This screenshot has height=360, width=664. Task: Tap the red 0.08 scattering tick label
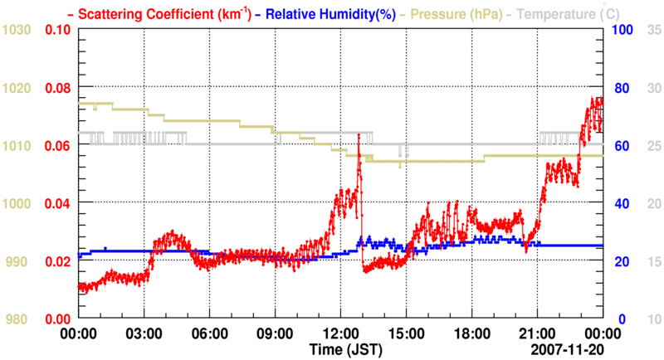pos(57,87)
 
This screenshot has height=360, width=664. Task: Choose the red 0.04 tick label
pos(57,203)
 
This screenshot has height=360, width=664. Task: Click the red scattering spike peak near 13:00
pos(359,134)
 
